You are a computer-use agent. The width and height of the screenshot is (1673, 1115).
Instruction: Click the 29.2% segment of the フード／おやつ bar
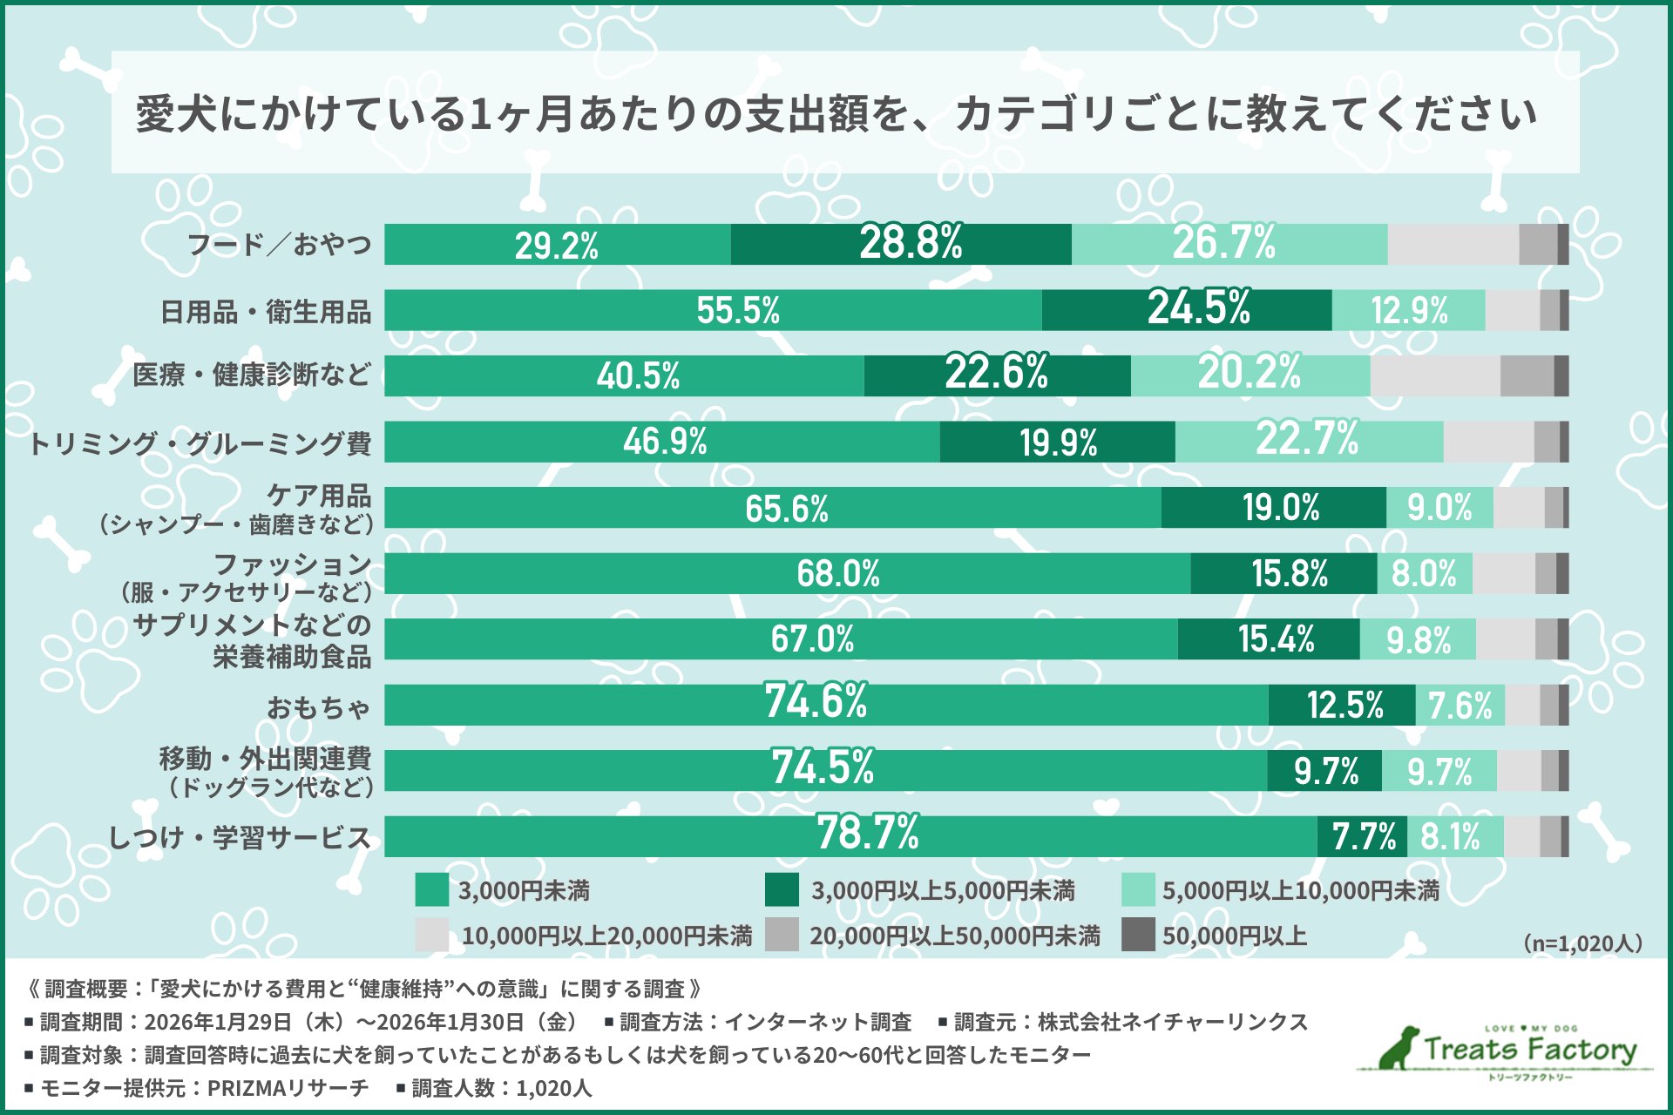[557, 245]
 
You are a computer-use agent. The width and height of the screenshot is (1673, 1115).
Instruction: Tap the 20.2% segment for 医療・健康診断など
[1250, 375]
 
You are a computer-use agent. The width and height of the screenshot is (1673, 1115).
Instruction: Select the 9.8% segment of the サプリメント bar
[1418, 639]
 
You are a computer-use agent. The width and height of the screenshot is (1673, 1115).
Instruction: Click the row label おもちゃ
[319, 706]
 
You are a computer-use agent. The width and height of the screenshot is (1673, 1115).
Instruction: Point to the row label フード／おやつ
[280, 245]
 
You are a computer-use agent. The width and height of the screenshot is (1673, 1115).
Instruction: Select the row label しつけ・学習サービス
[240, 837]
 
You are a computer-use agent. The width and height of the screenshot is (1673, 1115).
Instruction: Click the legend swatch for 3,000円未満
[432, 890]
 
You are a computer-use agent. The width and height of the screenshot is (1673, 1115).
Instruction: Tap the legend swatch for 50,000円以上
[1137, 935]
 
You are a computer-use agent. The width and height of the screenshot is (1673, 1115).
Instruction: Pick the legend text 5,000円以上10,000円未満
[1300, 890]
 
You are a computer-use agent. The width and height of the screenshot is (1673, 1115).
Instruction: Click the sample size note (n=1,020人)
[1582, 943]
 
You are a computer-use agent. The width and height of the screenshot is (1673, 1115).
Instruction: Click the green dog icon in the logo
[1399, 1048]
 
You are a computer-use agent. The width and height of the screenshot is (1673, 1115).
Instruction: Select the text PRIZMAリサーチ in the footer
[288, 1088]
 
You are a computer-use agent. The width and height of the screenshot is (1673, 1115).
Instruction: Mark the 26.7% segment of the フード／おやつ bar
[1229, 245]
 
